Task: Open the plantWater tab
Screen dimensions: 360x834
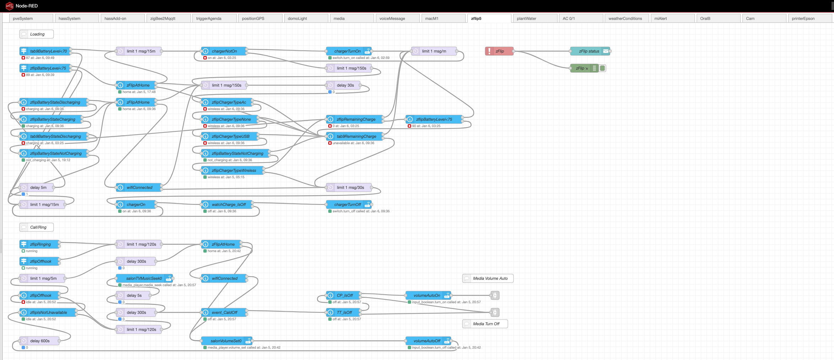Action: pyautogui.click(x=526, y=18)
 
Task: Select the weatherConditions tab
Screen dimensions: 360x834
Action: pyautogui.click(x=625, y=18)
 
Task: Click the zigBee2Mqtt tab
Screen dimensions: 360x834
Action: pyautogui.click(x=163, y=18)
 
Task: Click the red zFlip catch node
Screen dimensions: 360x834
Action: pyautogui.click(x=499, y=51)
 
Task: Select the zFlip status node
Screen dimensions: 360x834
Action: pyautogui.click(x=589, y=51)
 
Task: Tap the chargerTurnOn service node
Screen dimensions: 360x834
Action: pyautogui.click(x=348, y=51)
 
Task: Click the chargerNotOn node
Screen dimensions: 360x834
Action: pyautogui.click(x=224, y=51)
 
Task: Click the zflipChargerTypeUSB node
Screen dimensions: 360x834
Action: pyautogui.click(x=230, y=136)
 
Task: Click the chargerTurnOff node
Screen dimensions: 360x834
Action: pyautogui.click(x=348, y=204)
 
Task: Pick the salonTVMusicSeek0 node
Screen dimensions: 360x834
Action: pyautogui.click(x=144, y=278)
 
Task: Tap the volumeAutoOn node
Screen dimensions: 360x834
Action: pyautogui.click(x=427, y=295)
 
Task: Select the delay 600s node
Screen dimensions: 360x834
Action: pyautogui.click(x=39, y=341)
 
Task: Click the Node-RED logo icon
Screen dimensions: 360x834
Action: pyautogui.click(x=9, y=6)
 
